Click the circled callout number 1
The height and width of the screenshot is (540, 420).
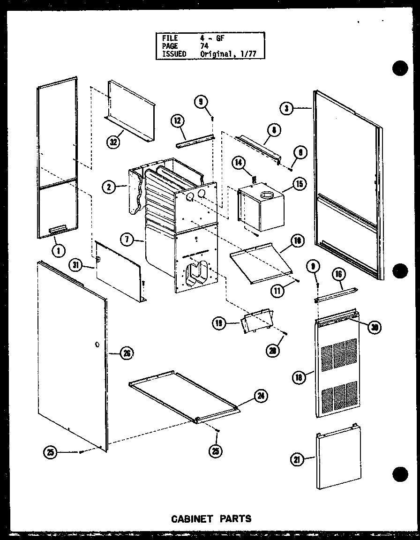pos(58,250)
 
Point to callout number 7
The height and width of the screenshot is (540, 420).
pos(125,240)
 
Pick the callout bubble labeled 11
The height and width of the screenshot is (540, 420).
pos(278,291)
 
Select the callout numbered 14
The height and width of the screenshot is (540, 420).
pos(239,163)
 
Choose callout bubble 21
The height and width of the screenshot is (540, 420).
pos(296,460)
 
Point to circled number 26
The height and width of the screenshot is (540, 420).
pos(126,353)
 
